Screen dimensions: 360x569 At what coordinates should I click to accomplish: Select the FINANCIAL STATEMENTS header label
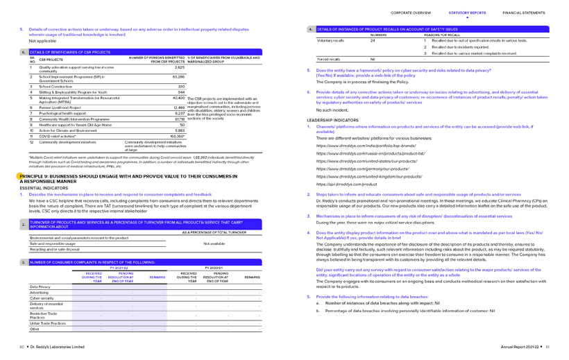524,12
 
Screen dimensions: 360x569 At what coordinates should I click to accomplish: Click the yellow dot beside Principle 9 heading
22,177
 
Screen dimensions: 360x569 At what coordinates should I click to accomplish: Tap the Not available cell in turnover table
214,243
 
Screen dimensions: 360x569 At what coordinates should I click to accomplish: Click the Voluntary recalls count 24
373,40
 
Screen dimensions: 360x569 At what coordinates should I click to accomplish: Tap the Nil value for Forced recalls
373,59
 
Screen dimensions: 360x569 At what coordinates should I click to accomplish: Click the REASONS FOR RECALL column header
441,35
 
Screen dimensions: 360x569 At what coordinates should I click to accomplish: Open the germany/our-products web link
363,169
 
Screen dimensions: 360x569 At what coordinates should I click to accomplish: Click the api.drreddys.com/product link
347,184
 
